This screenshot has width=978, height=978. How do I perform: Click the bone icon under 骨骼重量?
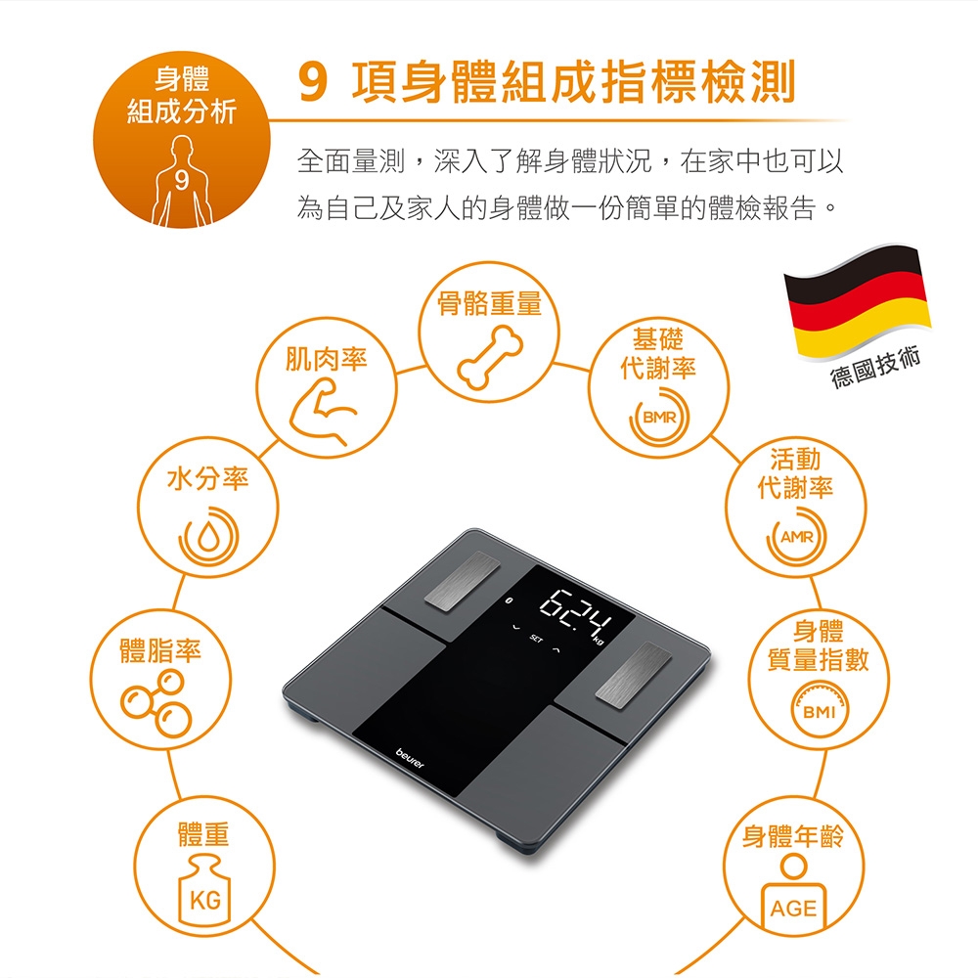tap(490, 359)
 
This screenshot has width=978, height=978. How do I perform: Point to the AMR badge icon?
tap(796, 536)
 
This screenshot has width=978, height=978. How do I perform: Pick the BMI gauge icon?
tap(819, 710)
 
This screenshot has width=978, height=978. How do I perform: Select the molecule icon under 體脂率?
tap(156, 703)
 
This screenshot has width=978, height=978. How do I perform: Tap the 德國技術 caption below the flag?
tap(875, 368)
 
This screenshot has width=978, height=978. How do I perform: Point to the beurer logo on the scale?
tap(410, 759)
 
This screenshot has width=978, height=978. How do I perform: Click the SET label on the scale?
tap(536, 639)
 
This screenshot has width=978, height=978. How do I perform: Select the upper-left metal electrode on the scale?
tap(463, 580)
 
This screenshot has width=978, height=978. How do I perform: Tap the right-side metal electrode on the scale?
tap(634, 675)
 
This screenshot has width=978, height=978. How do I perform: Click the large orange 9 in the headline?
tap(313, 82)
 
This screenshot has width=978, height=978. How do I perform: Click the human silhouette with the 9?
tap(182, 181)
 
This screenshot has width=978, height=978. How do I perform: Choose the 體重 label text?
tap(204, 834)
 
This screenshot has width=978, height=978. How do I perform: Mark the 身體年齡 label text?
tap(793, 836)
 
